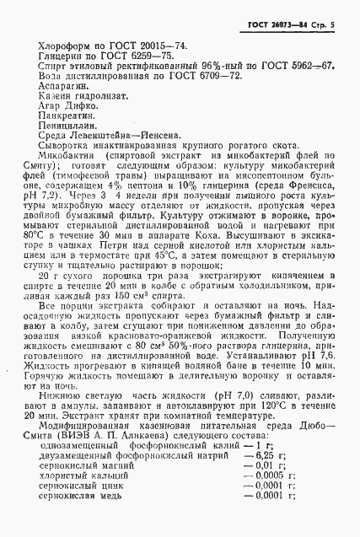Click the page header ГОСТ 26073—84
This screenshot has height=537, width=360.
click(287, 9)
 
